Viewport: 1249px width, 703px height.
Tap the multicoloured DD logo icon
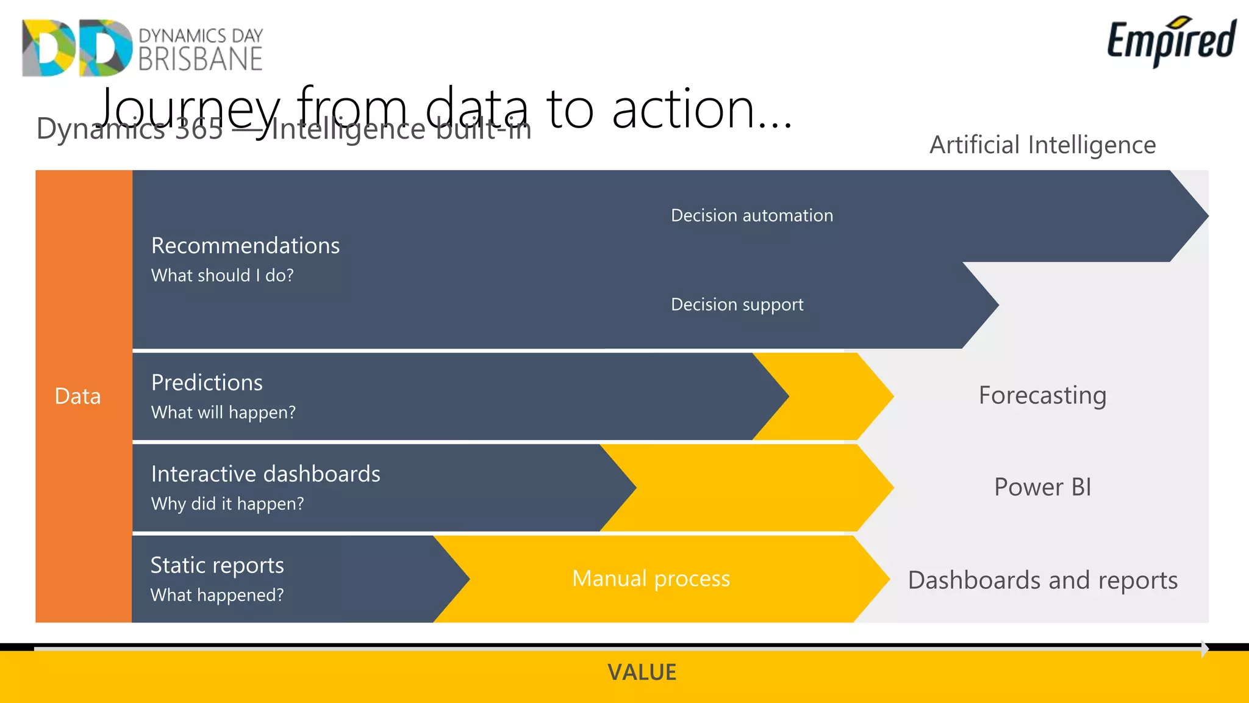click(77, 48)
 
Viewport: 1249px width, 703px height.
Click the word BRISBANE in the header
click(200, 60)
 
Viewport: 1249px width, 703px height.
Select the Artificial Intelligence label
click(1042, 145)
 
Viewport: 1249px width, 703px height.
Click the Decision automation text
click(751, 215)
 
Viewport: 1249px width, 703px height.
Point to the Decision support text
click(737, 305)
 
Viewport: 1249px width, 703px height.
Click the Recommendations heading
click(245, 245)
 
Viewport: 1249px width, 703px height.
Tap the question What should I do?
click(222, 275)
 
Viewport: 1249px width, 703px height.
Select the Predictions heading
click(207, 383)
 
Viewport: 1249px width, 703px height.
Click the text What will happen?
click(223, 413)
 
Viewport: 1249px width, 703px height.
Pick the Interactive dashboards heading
click(265, 474)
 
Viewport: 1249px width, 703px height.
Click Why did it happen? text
click(227, 504)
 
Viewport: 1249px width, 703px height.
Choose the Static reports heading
click(217, 565)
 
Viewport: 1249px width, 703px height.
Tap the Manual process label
click(651, 579)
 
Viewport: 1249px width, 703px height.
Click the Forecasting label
click(1042, 395)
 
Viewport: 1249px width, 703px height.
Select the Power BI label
click(1042, 487)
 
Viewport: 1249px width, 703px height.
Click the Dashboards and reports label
click(1042, 580)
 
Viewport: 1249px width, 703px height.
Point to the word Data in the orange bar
click(77, 397)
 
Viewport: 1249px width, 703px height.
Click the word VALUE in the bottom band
click(642, 672)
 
